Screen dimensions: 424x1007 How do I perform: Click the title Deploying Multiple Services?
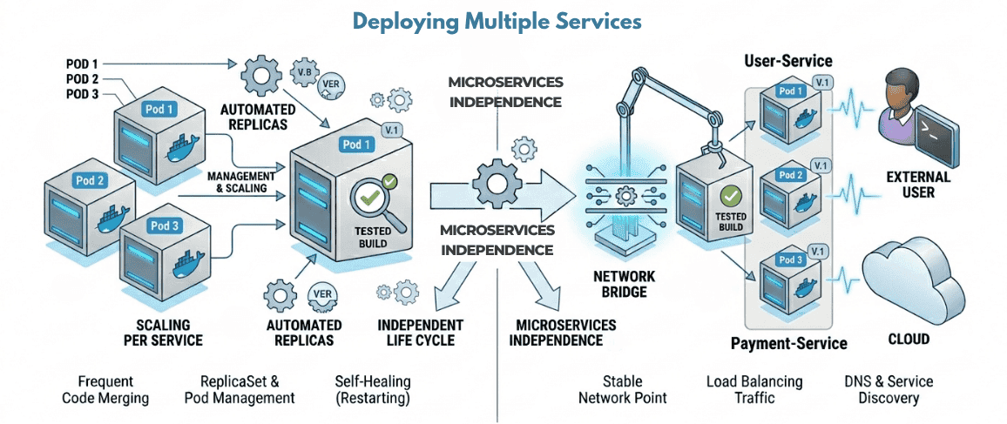click(x=497, y=22)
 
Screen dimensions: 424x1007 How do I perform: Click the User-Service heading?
click(x=788, y=61)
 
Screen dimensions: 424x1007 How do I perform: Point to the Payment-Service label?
click(x=788, y=343)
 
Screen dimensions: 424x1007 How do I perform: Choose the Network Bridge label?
click(x=624, y=284)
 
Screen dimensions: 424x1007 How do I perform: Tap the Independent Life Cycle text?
click(x=420, y=332)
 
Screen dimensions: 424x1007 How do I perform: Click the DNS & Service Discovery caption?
click(x=889, y=389)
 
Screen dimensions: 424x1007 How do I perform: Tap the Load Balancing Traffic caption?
click(x=754, y=389)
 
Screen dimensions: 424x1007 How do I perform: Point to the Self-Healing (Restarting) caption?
click(x=372, y=389)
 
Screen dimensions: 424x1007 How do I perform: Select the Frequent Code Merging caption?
click(x=105, y=389)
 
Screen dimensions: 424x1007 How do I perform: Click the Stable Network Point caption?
click(x=623, y=389)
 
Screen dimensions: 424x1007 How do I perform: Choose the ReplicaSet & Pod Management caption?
click(x=240, y=389)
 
